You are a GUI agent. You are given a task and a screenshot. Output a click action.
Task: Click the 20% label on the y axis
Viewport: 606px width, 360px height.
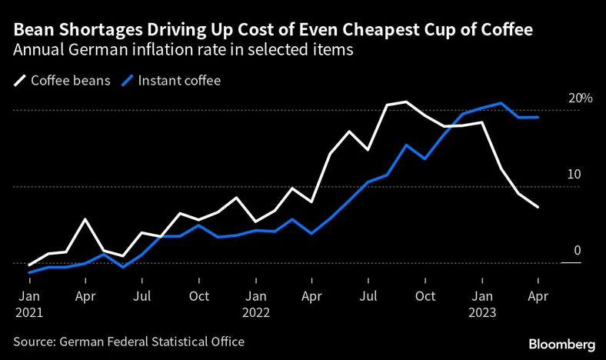tap(581, 99)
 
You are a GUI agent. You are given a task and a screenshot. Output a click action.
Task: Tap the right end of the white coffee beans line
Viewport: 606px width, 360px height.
tap(538, 207)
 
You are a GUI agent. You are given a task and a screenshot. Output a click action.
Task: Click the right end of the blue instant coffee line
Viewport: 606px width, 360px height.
tap(538, 117)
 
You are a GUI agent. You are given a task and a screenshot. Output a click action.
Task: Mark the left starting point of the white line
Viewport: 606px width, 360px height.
tap(28, 265)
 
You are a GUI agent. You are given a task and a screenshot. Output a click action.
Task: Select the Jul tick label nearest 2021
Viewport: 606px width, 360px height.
tap(142, 295)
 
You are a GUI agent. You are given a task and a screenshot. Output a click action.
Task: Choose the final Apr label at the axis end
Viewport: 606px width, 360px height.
tap(538, 295)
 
